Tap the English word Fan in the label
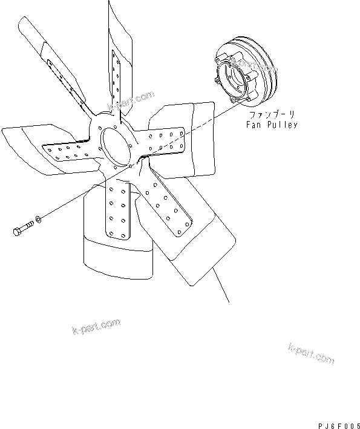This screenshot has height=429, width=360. [253, 125]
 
